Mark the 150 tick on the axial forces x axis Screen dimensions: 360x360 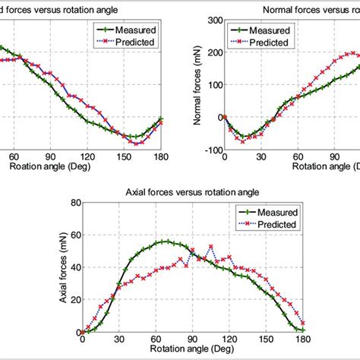pos(266,340)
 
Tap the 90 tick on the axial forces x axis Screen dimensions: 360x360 pos(192,340)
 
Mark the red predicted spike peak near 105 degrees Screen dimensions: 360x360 pos(210,246)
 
